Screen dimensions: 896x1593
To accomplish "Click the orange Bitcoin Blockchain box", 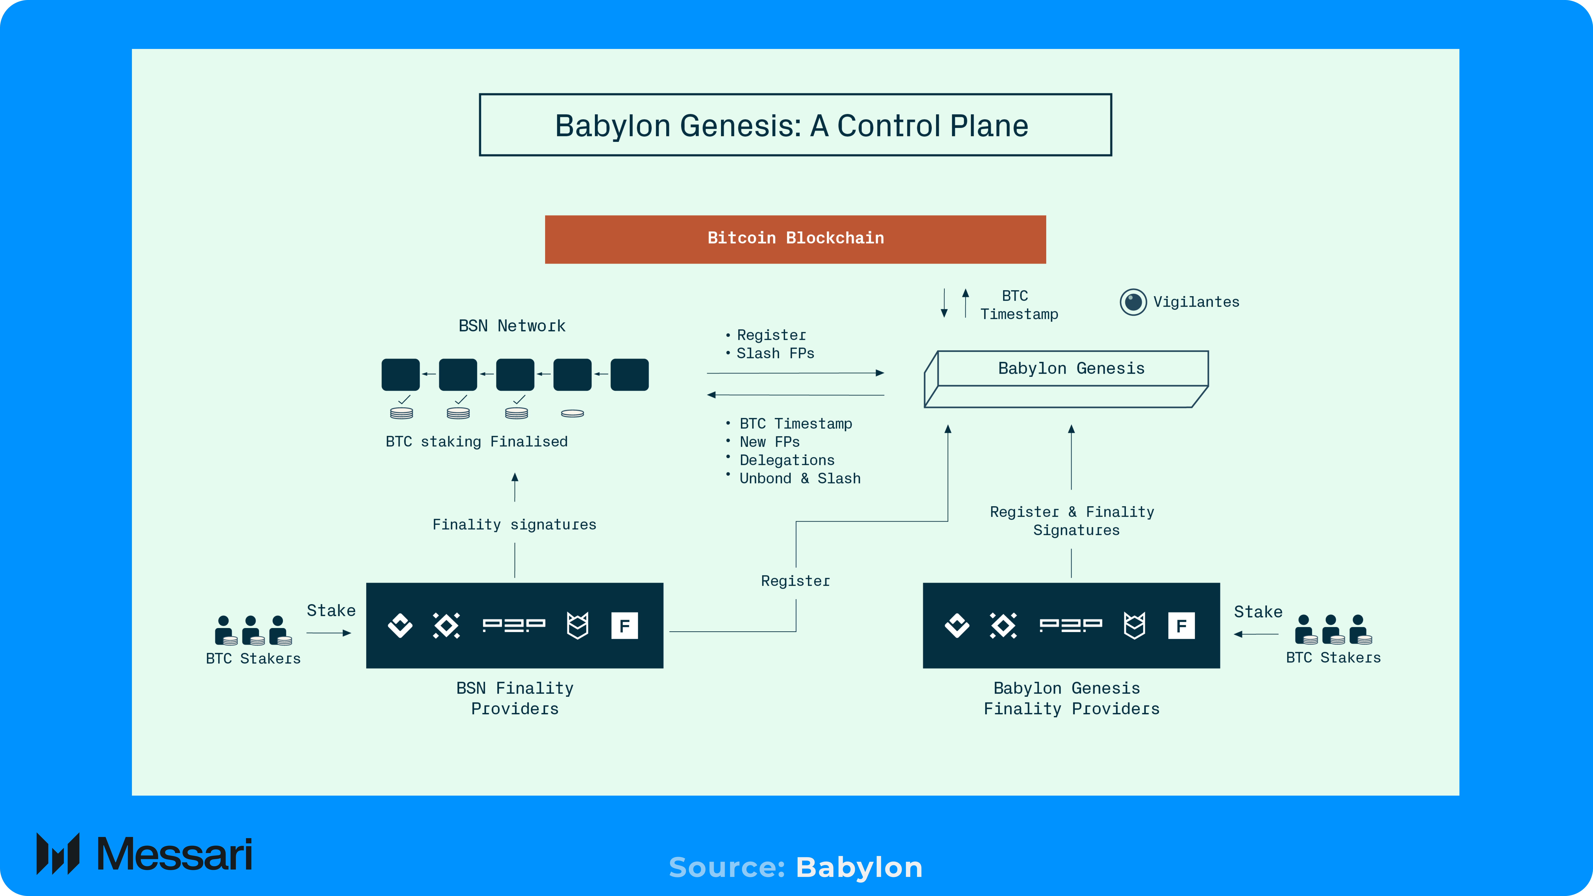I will pos(795,239).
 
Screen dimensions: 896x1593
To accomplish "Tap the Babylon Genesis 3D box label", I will pos(1071,369).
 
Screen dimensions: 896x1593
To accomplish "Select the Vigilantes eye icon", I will pos(1133,302).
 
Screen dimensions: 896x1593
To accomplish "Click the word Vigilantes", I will pos(1196,302).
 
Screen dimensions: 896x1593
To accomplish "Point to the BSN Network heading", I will pos(512,326).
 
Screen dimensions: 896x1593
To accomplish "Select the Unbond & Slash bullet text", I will pos(800,479).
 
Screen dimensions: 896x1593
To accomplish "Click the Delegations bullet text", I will pos(787,460).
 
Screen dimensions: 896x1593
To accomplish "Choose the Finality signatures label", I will pos(514,525).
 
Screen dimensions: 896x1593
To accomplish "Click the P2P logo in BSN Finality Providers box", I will pos(514,626).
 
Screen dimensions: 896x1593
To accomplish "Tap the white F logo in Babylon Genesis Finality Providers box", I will pos(1181,626).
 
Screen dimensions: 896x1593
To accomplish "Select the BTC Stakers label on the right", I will pos(1333,658).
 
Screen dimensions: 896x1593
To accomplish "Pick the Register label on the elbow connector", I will pos(795,581).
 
